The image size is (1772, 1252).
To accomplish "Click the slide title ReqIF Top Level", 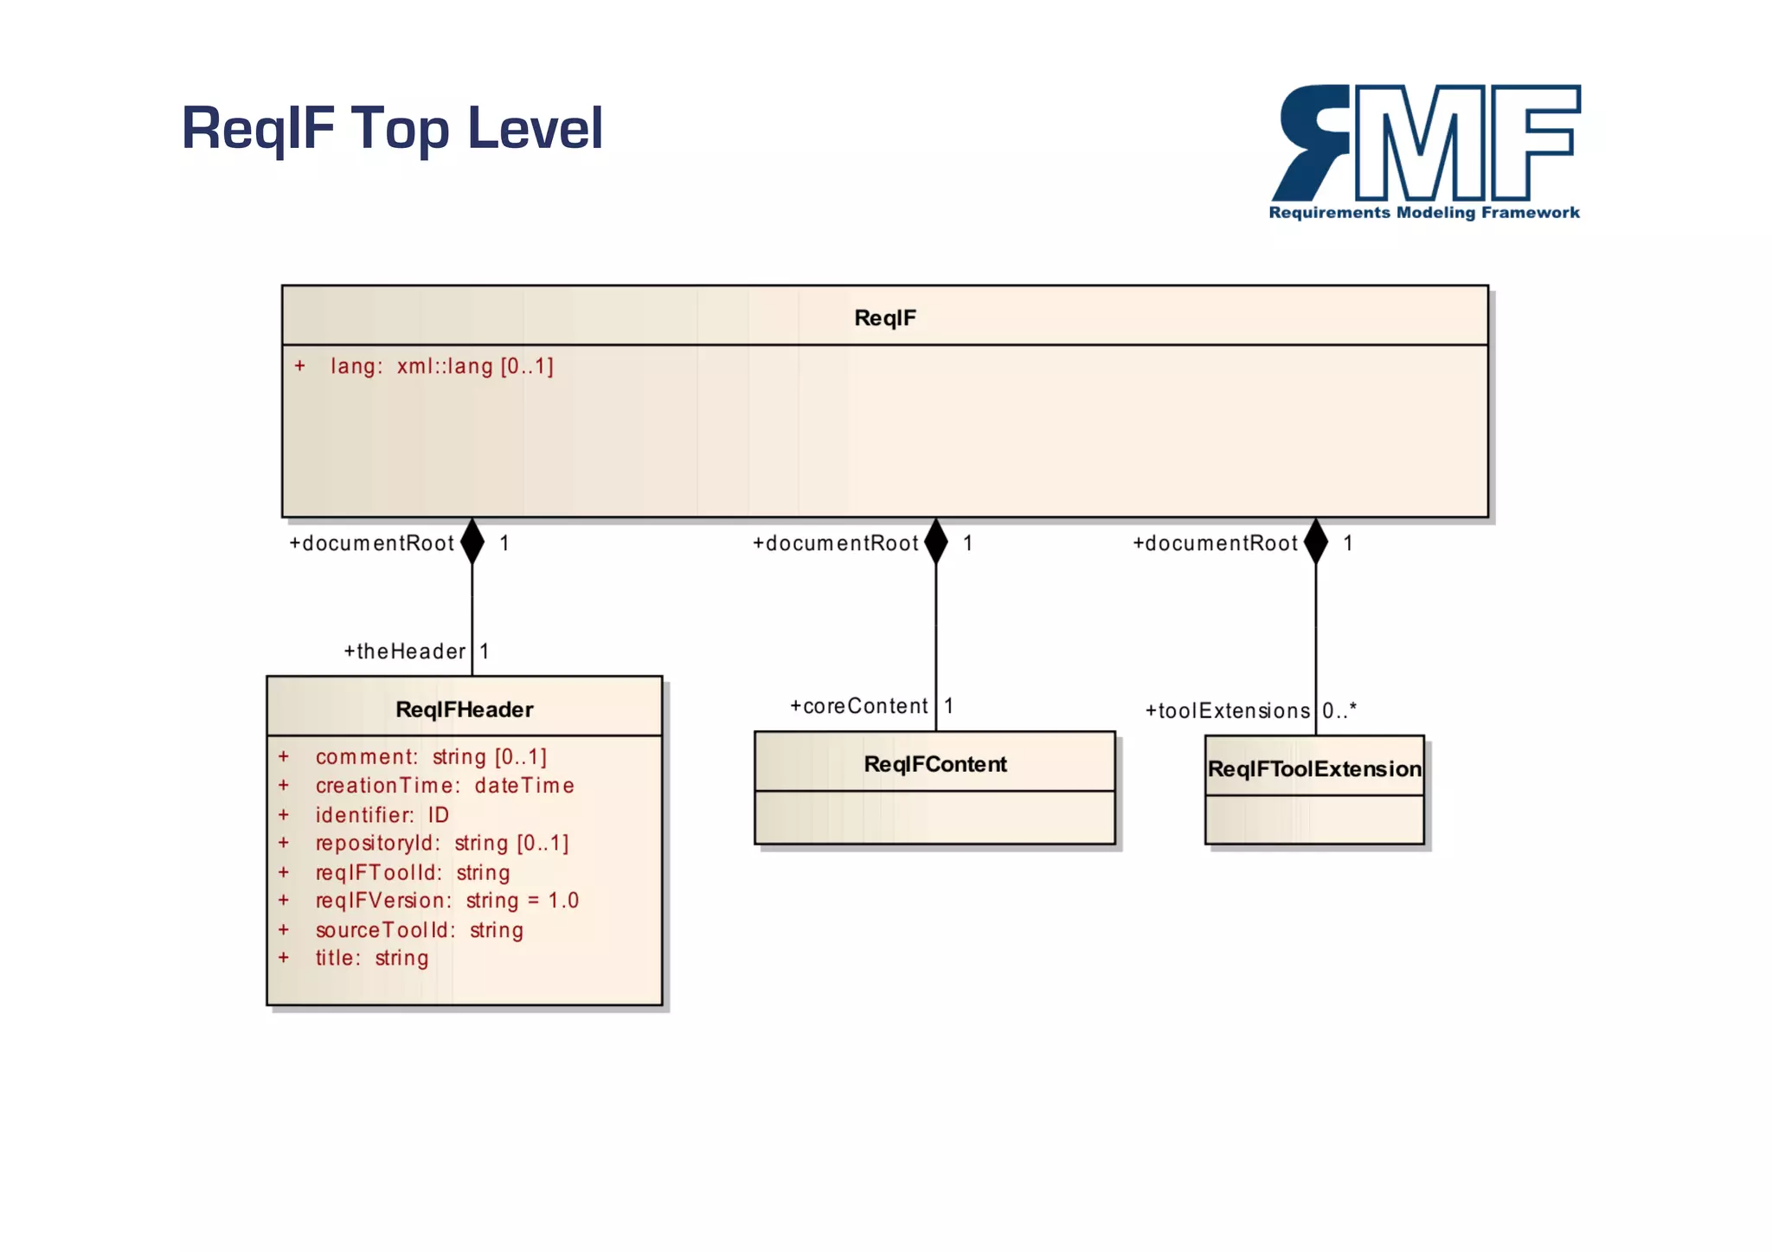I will pos(391,128).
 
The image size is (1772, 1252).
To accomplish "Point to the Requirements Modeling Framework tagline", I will pos(1424,213).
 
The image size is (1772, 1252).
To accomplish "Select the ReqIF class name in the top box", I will pos(884,318).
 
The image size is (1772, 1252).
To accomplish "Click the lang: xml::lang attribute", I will pos(441,366).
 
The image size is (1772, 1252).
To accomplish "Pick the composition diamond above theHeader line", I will pos(472,542).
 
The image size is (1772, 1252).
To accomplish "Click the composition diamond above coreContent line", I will pos(936,542).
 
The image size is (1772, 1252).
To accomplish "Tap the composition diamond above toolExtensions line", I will pos(1316,542).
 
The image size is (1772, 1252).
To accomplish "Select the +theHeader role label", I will pos(405,652).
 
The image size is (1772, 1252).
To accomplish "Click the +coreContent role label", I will pos(858,706).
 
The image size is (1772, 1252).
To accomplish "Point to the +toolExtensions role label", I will pos(1227,711).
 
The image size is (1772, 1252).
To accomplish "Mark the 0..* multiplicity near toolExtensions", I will pos(1339,711).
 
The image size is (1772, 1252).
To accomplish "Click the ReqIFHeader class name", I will pos(464,709).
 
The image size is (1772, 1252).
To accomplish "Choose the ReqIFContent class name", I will pos(935,764).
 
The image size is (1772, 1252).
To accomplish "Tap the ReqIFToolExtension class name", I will pos(1314,769).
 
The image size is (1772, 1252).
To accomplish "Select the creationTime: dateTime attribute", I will pos(445,786).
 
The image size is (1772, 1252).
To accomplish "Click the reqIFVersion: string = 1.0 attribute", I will pos(446,901).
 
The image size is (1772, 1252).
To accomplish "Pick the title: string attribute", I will pos(372,958).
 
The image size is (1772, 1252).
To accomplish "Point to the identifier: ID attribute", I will pos(382,815).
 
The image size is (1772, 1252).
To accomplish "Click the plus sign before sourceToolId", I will pos(284,930).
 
